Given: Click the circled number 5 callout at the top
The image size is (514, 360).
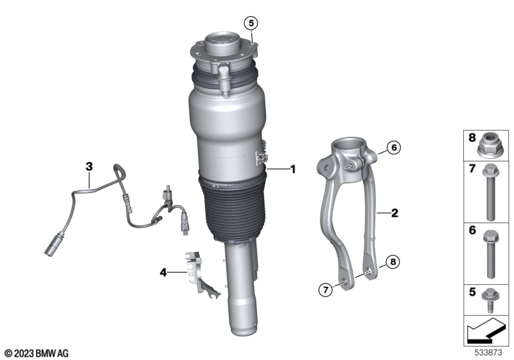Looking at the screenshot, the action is [x=251, y=23].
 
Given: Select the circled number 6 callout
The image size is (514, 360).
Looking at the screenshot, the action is [x=394, y=148].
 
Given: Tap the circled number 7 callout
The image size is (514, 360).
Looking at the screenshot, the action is [x=326, y=289].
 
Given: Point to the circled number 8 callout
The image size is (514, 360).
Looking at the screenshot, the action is [x=393, y=262].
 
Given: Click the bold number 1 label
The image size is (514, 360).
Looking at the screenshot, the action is [x=293, y=169].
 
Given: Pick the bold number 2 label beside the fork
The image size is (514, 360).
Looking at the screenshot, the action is [x=394, y=213].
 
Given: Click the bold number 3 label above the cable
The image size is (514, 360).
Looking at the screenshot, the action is [x=89, y=166].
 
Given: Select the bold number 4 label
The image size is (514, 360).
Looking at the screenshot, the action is [x=163, y=272].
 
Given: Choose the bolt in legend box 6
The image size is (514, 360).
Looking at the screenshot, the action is [x=491, y=254].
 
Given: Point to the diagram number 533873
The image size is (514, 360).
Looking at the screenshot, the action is [x=488, y=353].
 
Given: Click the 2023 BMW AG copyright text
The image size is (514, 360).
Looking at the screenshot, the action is [x=37, y=353].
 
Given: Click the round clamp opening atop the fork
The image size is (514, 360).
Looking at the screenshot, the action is [x=348, y=143].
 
